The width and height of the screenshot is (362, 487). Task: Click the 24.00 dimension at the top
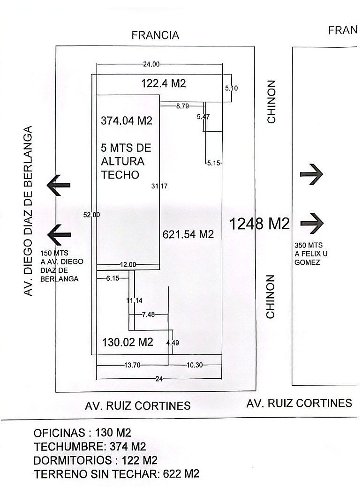(x=151, y=64)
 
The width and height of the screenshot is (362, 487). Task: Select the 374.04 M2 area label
(x=127, y=120)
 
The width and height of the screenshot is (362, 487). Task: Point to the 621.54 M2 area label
(x=188, y=234)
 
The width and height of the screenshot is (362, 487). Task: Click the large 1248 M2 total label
(x=259, y=224)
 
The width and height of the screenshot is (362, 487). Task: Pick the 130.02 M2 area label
(x=128, y=342)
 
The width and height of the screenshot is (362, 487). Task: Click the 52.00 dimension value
(x=91, y=215)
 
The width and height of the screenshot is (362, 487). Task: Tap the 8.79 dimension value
(x=182, y=106)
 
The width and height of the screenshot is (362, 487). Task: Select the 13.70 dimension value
(x=132, y=365)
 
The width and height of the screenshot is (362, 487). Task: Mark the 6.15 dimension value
(x=113, y=278)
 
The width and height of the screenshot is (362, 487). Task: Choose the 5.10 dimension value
(x=232, y=88)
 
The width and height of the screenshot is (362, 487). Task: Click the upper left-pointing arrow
(x=59, y=185)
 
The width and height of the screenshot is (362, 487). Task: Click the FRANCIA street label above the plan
(x=155, y=35)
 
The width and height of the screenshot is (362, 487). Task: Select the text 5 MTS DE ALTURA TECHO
(x=126, y=161)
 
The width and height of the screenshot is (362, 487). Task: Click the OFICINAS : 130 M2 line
(x=82, y=432)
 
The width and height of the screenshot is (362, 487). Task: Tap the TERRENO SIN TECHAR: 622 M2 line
(x=116, y=473)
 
